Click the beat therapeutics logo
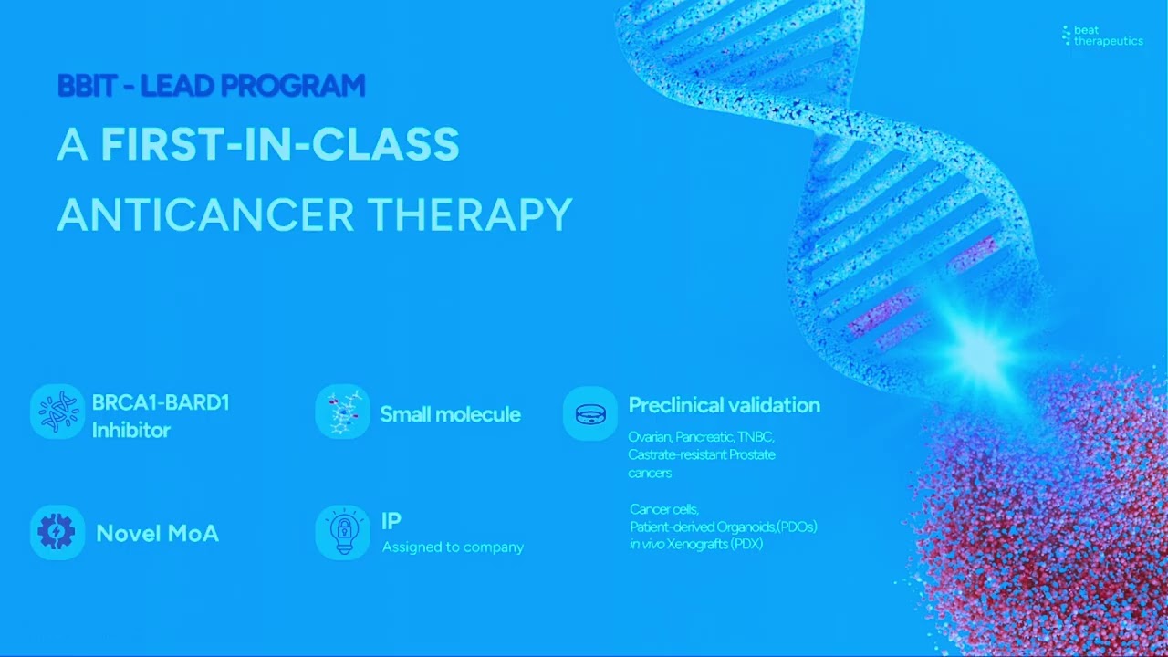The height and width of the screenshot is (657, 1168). [1101, 36]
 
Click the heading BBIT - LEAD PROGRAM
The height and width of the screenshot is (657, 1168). [211, 86]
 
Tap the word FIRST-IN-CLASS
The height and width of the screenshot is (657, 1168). [279, 144]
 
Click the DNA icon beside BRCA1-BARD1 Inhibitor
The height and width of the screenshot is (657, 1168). [57, 412]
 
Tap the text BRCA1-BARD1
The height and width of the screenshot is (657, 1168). [161, 403]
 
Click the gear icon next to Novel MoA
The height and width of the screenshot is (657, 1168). [57, 532]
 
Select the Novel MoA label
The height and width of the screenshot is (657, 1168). [158, 534]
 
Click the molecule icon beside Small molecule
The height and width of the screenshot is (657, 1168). [342, 412]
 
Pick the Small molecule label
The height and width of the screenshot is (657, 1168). [450, 414]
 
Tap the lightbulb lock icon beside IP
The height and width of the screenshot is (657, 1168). [342, 532]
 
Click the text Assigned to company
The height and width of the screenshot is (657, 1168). [453, 547]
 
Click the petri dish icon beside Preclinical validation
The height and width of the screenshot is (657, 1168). [590, 413]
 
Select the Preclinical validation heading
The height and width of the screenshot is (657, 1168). [724, 405]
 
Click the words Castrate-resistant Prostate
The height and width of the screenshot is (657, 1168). [701, 454]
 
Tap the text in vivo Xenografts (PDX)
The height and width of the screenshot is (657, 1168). [695, 544]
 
